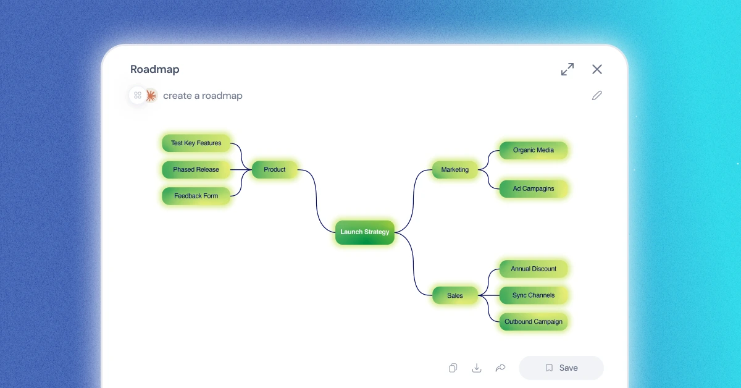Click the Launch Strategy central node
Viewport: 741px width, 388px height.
[x=365, y=232]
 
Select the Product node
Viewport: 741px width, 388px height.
[x=275, y=169]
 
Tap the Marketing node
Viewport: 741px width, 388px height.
[x=455, y=169]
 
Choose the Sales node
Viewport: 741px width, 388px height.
[x=455, y=295]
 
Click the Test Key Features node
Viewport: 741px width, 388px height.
[x=196, y=143]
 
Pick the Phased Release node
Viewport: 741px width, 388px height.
[x=196, y=169]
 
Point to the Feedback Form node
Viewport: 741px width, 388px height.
[x=196, y=196]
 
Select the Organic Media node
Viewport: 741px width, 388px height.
[x=534, y=150]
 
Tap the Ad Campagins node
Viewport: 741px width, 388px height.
[x=534, y=188]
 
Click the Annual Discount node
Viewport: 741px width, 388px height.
[x=534, y=269]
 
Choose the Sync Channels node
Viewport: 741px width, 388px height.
[x=534, y=295]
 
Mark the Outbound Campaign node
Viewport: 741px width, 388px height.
[x=534, y=322]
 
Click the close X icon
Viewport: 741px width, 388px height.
[x=597, y=69]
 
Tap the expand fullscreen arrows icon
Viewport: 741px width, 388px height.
[x=567, y=69]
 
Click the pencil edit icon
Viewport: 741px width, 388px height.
[x=597, y=95]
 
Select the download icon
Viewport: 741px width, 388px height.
[x=477, y=368]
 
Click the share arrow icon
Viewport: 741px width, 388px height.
[x=501, y=368]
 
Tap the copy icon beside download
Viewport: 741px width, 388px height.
[x=453, y=368]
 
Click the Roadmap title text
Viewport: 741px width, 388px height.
[x=155, y=69]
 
